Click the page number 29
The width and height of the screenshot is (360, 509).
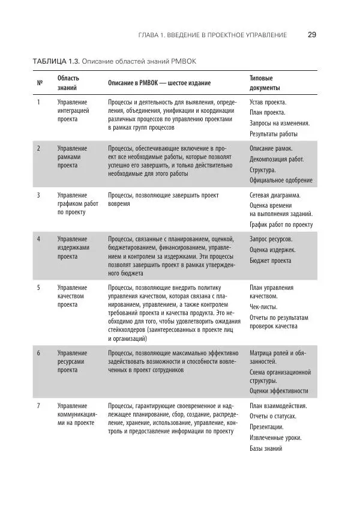coord(312,35)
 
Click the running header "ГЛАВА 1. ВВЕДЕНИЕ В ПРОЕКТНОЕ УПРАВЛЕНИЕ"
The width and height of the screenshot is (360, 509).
coord(212,35)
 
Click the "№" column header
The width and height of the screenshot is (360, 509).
coord(40,83)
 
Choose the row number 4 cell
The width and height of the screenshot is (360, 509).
coord(39,239)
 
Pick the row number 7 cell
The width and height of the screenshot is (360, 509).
coord(39,406)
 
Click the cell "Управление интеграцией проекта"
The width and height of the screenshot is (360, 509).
coord(73,111)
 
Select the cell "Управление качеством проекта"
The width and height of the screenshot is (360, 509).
coord(72,296)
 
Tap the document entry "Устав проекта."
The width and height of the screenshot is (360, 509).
coord(268,102)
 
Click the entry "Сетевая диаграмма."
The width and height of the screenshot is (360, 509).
coord(275,195)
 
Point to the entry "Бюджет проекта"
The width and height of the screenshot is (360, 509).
coord(271,261)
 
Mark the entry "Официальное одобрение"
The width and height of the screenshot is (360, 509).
coord(281,180)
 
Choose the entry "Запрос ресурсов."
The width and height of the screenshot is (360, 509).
coord(271,239)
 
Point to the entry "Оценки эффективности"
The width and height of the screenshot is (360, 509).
coord(279,391)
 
